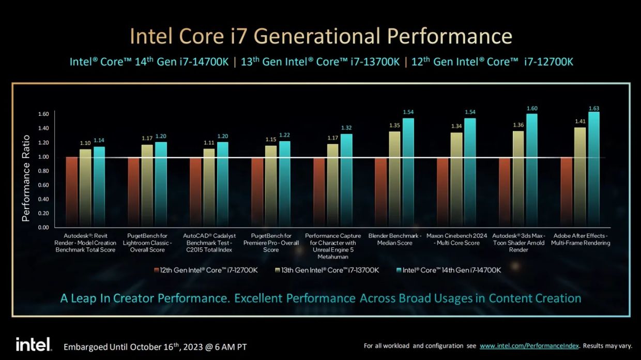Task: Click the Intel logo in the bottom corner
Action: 34,344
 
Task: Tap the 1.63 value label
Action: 593,108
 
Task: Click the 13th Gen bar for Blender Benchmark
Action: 394,179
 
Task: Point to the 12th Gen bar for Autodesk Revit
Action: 72,192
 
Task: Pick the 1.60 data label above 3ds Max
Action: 531,108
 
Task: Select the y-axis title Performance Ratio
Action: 26,178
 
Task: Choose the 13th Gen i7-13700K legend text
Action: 330,270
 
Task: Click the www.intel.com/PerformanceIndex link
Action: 529,346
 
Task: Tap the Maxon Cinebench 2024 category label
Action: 457,239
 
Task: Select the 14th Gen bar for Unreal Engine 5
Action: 346,181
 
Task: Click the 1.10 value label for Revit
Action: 85,143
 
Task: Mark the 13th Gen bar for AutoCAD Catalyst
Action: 209,188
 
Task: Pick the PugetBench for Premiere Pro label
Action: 271,243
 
